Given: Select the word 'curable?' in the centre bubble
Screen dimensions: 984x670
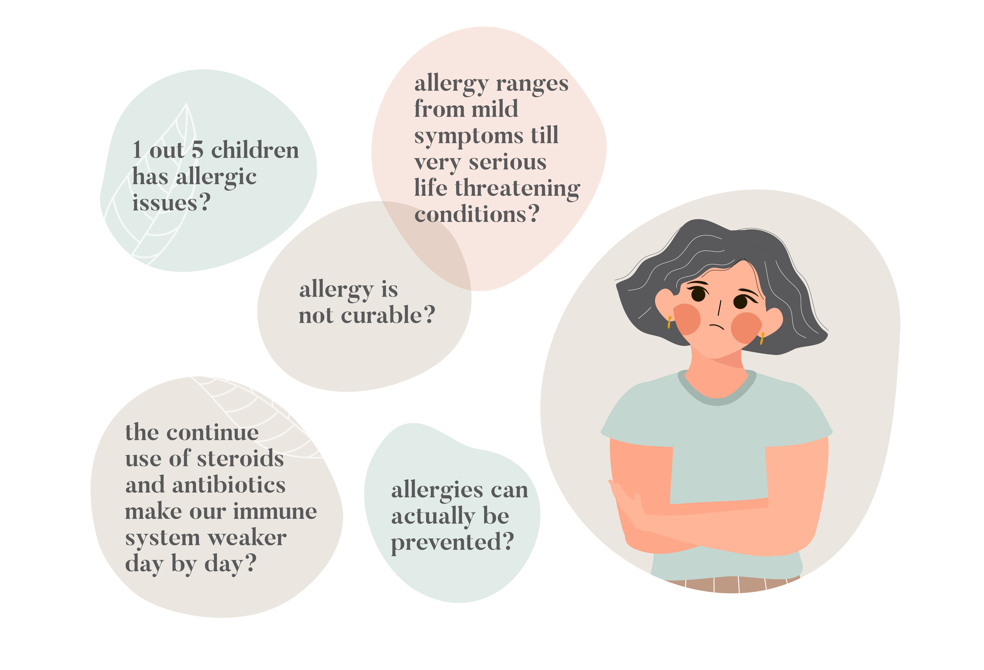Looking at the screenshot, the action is (x=388, y=315).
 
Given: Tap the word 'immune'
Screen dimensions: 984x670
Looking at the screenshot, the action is (x=275, y=511).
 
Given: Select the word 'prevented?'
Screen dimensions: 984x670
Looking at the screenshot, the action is (x=452, y=542).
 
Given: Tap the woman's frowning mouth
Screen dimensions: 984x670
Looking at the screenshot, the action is (x=717, y=326).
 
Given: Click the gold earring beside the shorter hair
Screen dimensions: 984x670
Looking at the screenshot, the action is (x=669, y=322).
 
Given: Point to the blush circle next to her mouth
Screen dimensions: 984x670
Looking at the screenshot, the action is (x=747, y=328).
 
